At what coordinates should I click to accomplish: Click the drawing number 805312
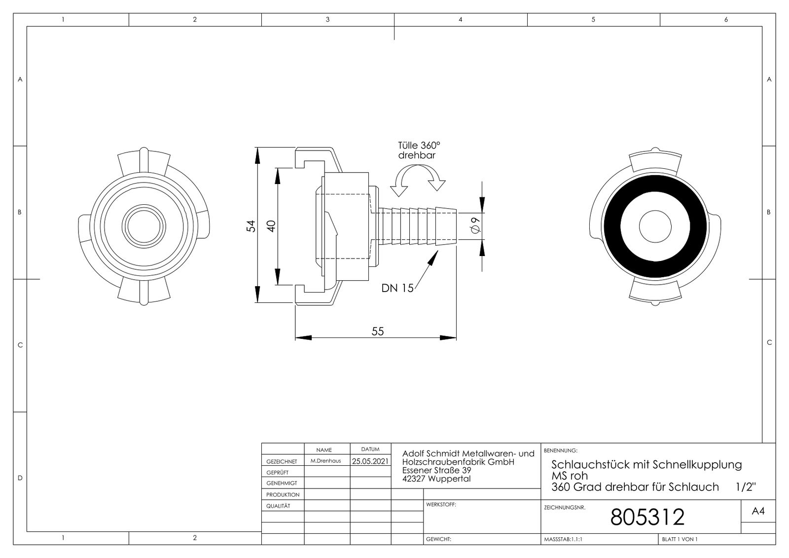pyautogui.click(x=647, y=517)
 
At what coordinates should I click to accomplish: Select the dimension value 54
pyautogui.click(x=251, y=226)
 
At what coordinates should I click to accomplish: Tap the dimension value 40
pyautogui.click(x=270, y=226)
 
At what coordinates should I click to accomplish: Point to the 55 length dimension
pyautogui.click(x=377, y=331)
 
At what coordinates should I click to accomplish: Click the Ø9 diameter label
pyautogui.click(x=475, y=225)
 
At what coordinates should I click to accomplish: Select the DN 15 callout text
pyautogui.click(x=397, y=288)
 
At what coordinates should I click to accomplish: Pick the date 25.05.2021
pyautogui.click(x=370, y=461)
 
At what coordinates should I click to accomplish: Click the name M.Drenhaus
pyautogui.click(x=325, y=461)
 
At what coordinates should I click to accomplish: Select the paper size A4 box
pyautogui.click(x=758, y=512)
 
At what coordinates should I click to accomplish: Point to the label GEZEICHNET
pyautogui.click(x=282, y=462)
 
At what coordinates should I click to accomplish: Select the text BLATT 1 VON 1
pyautogui.click(x=680, y=539)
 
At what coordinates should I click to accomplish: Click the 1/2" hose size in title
pyautogui.click(x=746, y=487)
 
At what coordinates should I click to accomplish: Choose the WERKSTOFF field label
pyautogui.click(x=441, y=505)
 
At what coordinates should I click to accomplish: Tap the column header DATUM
pyautogui.click(x=370, y=449)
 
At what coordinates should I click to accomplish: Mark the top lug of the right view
pyautogui.click(x=655, y=157)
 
